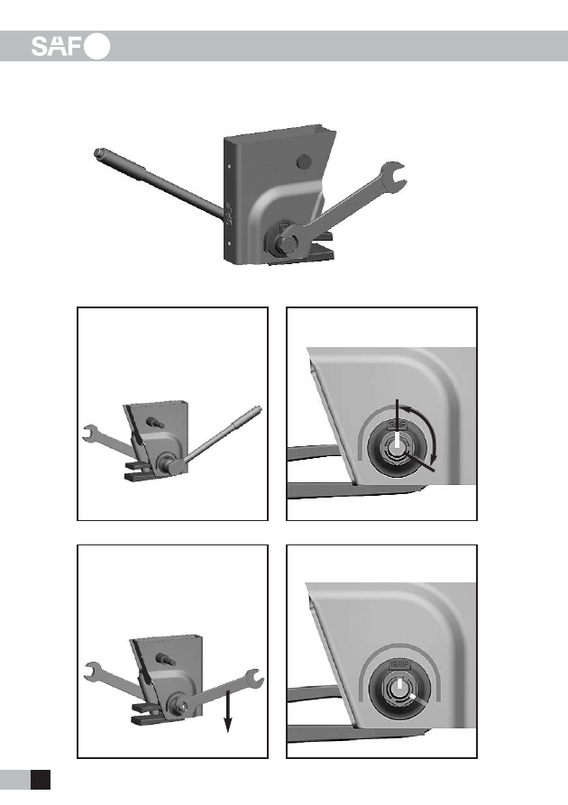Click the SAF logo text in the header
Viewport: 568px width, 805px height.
click(x=57, y=46)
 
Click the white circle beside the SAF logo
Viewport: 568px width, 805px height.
click(x=97, y=46)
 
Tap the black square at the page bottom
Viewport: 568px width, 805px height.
click(x=41, y=780)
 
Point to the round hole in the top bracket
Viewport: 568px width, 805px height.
click(x=304, y=161)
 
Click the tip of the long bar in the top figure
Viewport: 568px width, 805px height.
click(x=97, y=153)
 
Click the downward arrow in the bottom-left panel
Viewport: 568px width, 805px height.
click(x=227, y=711)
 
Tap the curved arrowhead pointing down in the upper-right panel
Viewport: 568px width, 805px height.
click(x=434, y=456)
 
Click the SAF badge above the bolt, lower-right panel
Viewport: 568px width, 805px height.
click(x=399, y=664)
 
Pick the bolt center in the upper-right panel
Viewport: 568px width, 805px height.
click(x=397, y=447)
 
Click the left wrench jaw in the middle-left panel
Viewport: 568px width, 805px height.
click(x=90, y=433)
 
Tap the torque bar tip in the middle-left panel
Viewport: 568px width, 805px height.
click(x=258, y=408)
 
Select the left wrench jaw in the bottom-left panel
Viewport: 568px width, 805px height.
click(x=93, y=670)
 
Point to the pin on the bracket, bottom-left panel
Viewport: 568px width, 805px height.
click(x=166, y=659)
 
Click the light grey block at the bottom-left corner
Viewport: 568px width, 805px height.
click(x=15, y=780)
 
